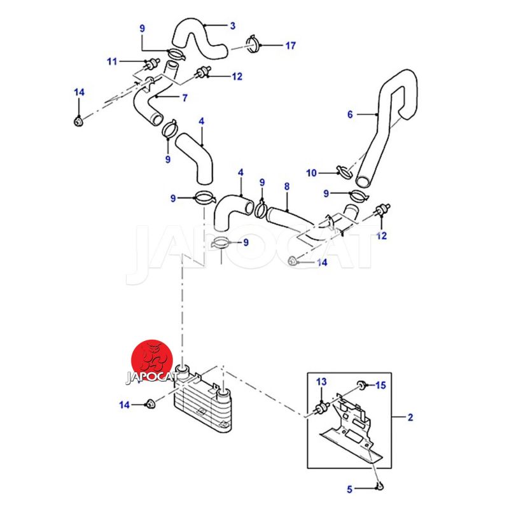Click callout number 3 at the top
(233, 26)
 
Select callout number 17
(291, 46)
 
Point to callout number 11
(113, 62)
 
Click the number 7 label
(185, 98)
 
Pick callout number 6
(349, 115)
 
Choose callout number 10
(311, 172)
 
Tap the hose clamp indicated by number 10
(344, 171)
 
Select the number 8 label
(287, 187)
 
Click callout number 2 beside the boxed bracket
(410, 418)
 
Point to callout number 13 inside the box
(322, 382)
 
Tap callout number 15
(380, 385)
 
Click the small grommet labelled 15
(360, 384)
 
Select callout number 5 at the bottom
(349, 489)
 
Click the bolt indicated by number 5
(380, 487)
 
